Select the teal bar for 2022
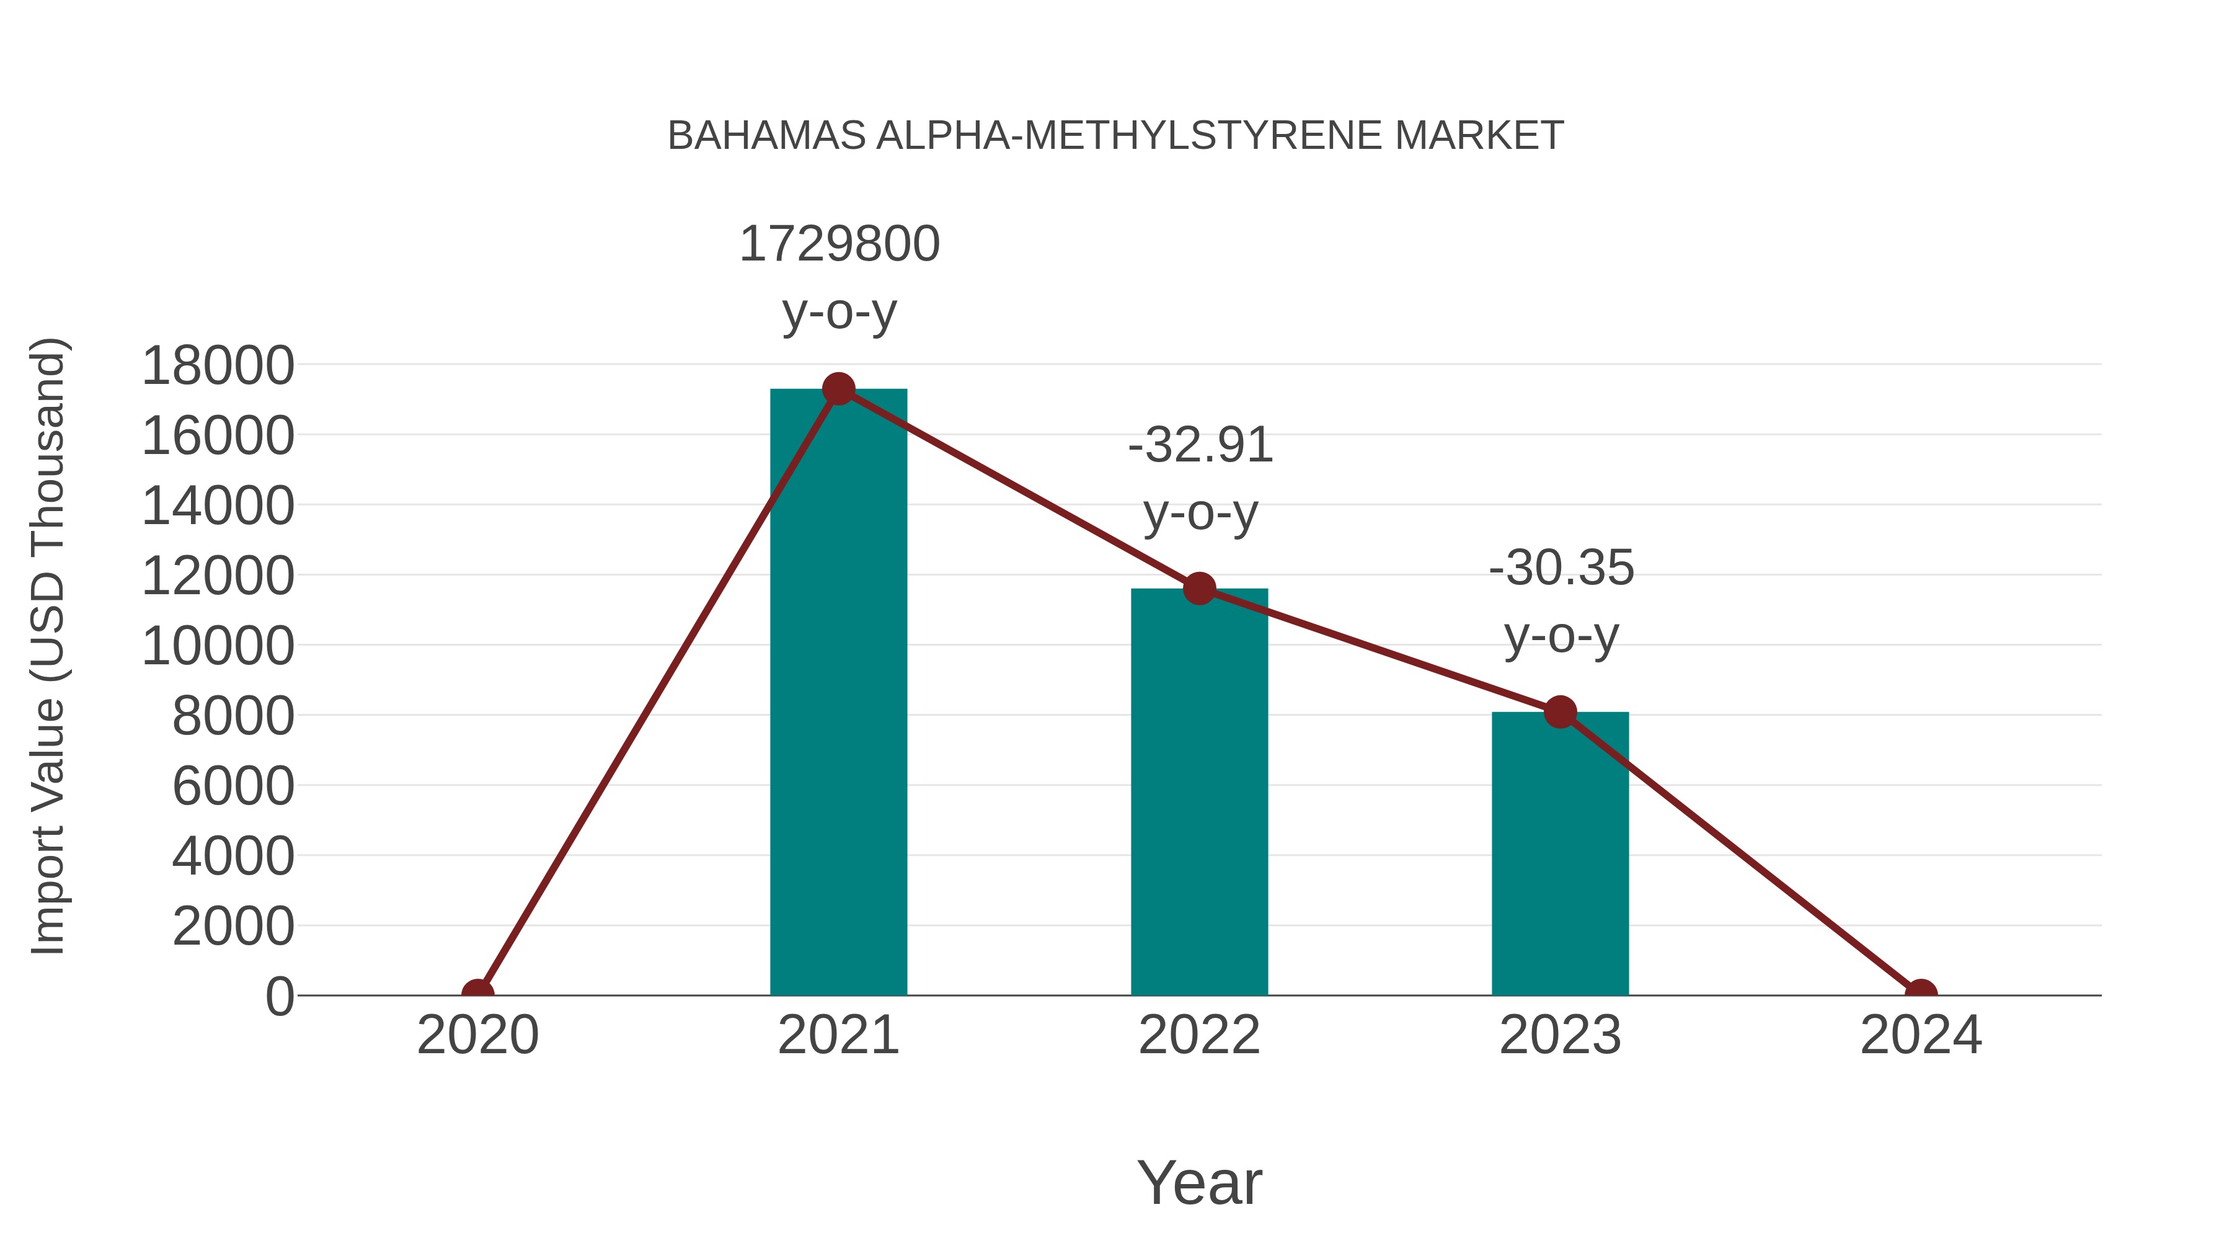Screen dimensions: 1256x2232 point(1199,793)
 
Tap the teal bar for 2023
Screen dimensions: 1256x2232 point(1560,854)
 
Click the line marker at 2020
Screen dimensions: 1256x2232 point(477,994)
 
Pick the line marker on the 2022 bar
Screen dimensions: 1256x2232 point(1199,589)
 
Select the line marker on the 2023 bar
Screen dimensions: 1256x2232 point(1560,713)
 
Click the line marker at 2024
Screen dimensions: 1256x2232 point(1921,994)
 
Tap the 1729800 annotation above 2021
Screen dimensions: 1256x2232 point(839,244)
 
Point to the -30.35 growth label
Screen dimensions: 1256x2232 point(1561,569)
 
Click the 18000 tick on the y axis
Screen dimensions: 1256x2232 point(218,366)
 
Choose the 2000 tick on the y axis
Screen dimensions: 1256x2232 point(233,927)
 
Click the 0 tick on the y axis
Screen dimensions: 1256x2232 point(280,997)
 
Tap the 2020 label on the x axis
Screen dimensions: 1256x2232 point(477,1035)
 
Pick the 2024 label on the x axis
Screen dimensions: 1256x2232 point(1921,1035)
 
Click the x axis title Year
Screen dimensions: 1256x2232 point(1199,1182)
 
